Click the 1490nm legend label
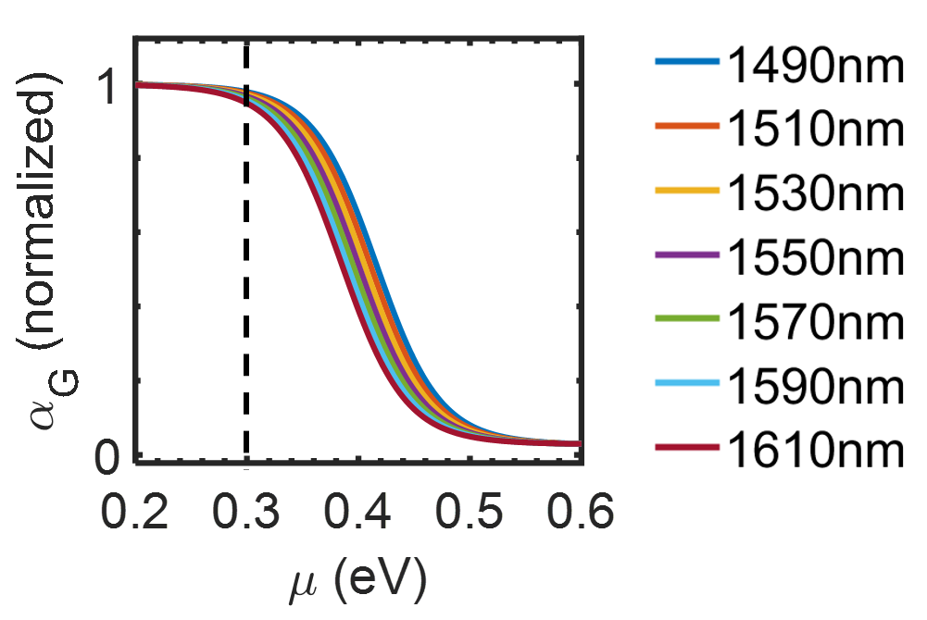point(816,66)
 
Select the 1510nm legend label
point(816,130)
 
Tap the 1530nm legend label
point(816,194)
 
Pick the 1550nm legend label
point(816,258)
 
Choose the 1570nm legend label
point(816,323)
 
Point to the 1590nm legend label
point(816,388)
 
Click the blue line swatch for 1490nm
point(687,61)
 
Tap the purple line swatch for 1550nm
point(687,254)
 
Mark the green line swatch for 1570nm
point(687,319)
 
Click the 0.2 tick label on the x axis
point(135,511)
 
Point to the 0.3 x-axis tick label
point(246,511)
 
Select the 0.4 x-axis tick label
point(357,511)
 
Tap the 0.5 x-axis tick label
point(469,511)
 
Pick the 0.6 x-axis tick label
point(581,511)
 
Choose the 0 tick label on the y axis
point(107,457)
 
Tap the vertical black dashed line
point(246,254)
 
